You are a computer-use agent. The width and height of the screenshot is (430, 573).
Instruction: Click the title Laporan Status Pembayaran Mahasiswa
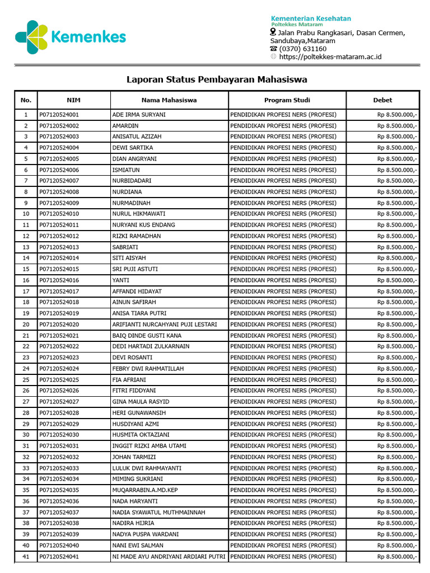(x=217, y=79)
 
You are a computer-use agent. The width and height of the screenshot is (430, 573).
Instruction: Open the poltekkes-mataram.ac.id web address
(x=330, y=57)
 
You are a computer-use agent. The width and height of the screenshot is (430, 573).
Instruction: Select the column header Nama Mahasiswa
(x=169, y=100)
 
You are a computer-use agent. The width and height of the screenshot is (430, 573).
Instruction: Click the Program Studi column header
(x=287, y=100)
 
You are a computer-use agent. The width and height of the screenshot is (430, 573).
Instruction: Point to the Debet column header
(x=382, y=100)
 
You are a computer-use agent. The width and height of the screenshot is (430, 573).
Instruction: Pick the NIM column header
(x=73, y=100)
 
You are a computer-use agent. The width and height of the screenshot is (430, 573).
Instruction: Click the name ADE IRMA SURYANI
(x=139, y=115)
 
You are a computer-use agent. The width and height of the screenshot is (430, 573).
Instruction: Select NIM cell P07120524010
(x=59, y=214)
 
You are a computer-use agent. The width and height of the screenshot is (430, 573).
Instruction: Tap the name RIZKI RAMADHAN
(x=137, y=236)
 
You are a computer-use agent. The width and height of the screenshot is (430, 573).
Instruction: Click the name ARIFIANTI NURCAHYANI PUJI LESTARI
(x=165, y=325)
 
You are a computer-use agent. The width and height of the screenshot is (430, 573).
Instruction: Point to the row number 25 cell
(x=26, y=379)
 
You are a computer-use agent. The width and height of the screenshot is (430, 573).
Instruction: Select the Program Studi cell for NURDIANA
(x=283, y=192)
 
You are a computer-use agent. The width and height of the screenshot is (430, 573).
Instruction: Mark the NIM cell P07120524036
(x=59, y=501)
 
